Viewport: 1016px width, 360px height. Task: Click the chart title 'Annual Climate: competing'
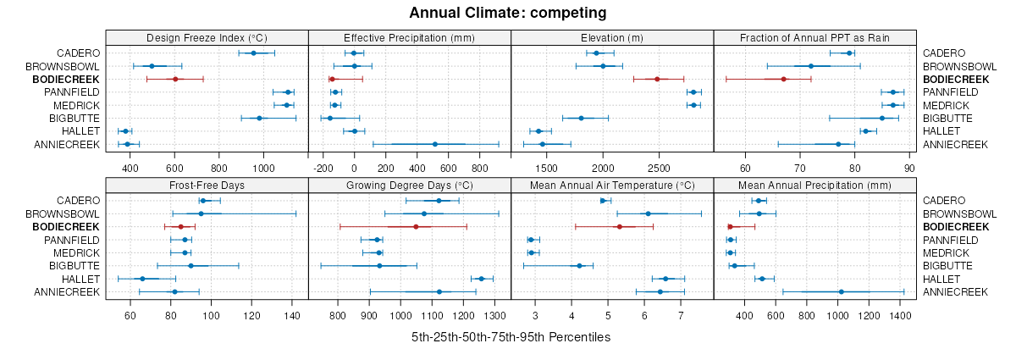(508, 13)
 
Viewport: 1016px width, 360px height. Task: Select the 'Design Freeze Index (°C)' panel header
(207, 37)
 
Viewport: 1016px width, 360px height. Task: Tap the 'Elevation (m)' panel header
(612, 37)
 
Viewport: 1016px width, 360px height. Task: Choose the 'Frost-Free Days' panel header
(207, 185)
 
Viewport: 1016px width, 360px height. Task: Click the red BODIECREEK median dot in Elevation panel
(657, 79)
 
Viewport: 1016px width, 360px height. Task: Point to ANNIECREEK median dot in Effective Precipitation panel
(434, 144)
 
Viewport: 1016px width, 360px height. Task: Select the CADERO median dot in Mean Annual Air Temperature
(603, 201)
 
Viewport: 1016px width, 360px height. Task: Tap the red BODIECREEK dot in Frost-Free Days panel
(180, 226)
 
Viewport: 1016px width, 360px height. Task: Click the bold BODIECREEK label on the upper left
(66, 79)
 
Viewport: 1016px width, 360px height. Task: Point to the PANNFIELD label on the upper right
(952, 91)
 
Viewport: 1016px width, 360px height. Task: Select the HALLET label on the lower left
(80, 279)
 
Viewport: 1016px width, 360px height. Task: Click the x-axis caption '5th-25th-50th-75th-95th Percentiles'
(511, 337)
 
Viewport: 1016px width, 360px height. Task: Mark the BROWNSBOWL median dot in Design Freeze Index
(152, 66)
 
